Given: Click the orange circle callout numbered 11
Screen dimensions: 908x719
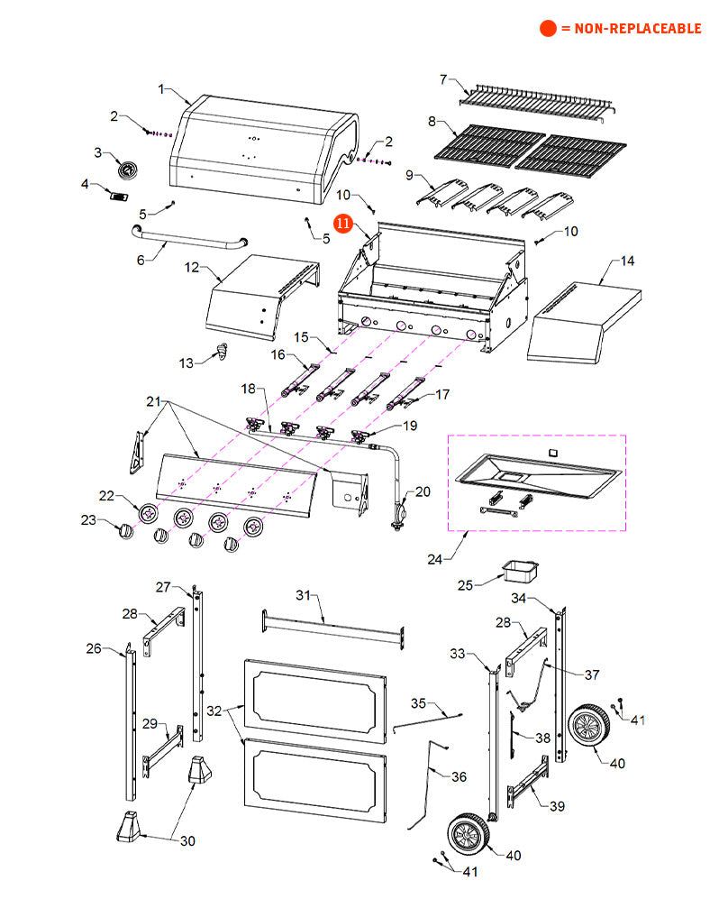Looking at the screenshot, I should [343, 222].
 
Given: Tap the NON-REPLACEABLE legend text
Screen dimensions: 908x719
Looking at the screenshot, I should [631, 29].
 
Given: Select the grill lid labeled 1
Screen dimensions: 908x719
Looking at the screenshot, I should [261, 149].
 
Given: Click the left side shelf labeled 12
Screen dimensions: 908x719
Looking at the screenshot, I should [262, 298].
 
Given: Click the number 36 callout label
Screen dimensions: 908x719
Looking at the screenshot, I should [459, 776].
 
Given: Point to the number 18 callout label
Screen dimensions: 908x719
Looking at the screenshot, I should [247, 390].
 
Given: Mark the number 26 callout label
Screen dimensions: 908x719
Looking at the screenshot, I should [94, 647].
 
